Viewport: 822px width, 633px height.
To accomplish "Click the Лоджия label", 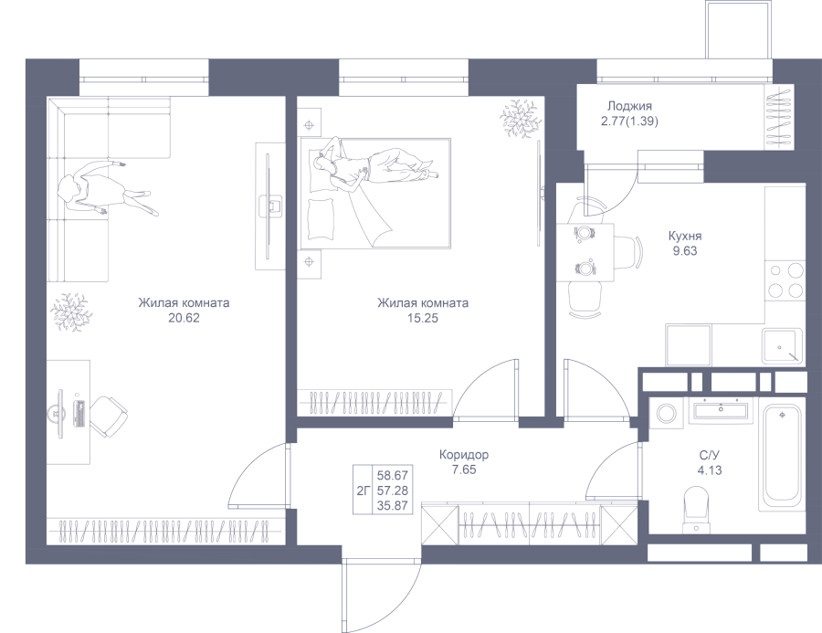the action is tap(629, 107).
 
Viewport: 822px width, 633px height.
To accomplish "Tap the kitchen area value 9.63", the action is tap(685, 251).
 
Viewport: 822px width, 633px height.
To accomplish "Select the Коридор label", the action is tap(464, 455).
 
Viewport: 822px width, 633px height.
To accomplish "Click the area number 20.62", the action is tap(184, 318).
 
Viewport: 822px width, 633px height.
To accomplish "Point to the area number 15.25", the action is tap(423, 318).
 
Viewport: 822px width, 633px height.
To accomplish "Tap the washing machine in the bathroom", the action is tap(665, 413).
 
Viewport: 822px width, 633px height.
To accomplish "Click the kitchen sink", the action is tap(782, 346).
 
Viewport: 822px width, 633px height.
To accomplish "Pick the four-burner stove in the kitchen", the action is tap(785, 280).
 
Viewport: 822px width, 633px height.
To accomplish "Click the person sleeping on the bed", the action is tap(374, 165).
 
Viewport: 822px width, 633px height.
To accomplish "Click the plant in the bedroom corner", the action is tap(520, 119).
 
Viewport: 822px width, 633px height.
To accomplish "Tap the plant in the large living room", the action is tap(68, 312).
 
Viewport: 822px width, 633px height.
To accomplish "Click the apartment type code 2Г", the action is tap(364, 491).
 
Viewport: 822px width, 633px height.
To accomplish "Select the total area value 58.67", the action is tap(393, 476).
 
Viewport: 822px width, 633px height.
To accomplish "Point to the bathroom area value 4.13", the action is tap(710, 470).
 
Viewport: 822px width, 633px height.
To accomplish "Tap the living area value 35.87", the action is tap(393, 506).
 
